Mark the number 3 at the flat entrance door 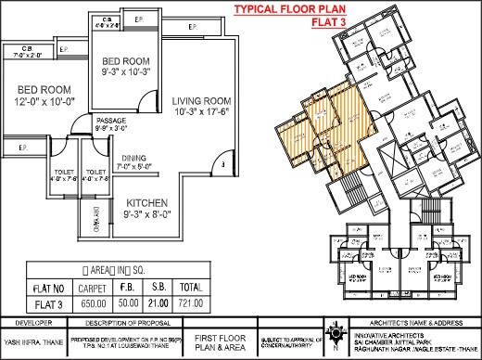pyautogui.click(x=212, y=165)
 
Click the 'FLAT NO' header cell pyautogui.click(x=48, y=288)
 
